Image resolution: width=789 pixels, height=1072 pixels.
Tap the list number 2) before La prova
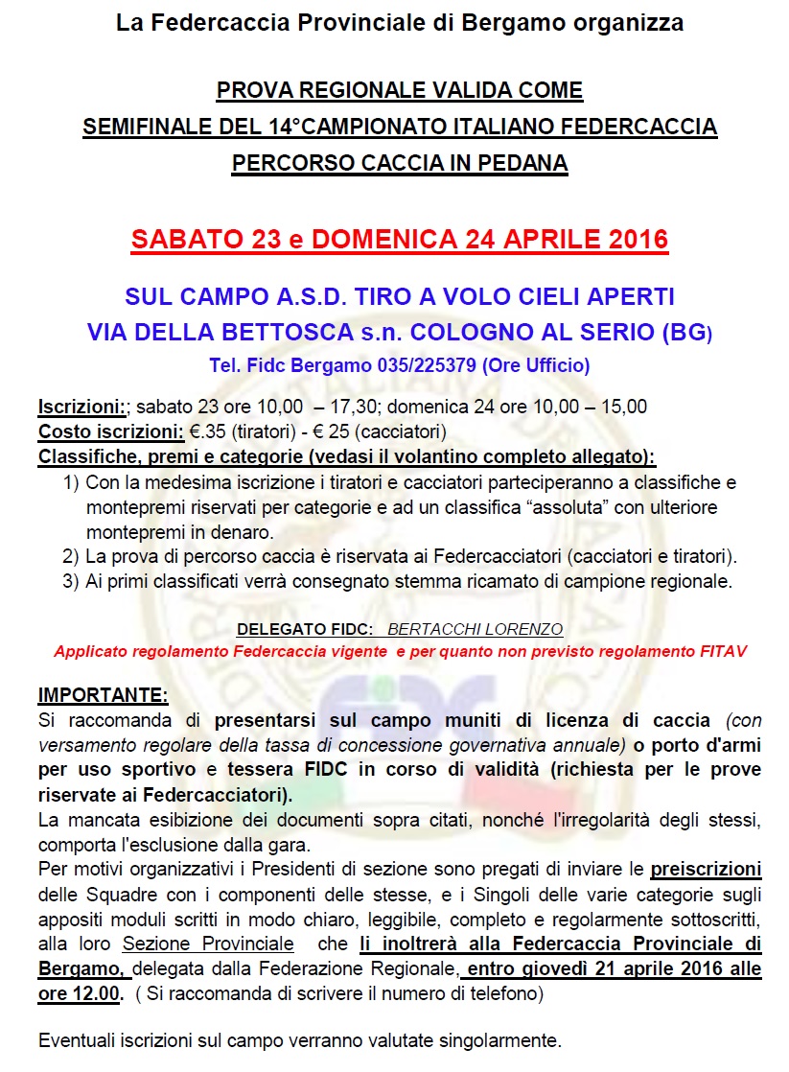(x=70, y=556)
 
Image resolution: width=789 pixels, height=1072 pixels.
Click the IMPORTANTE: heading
(x=103, y=694)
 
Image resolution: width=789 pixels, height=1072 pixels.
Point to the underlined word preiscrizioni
(x=707, y=870)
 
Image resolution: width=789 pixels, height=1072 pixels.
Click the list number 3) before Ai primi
(x=70, y=581)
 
